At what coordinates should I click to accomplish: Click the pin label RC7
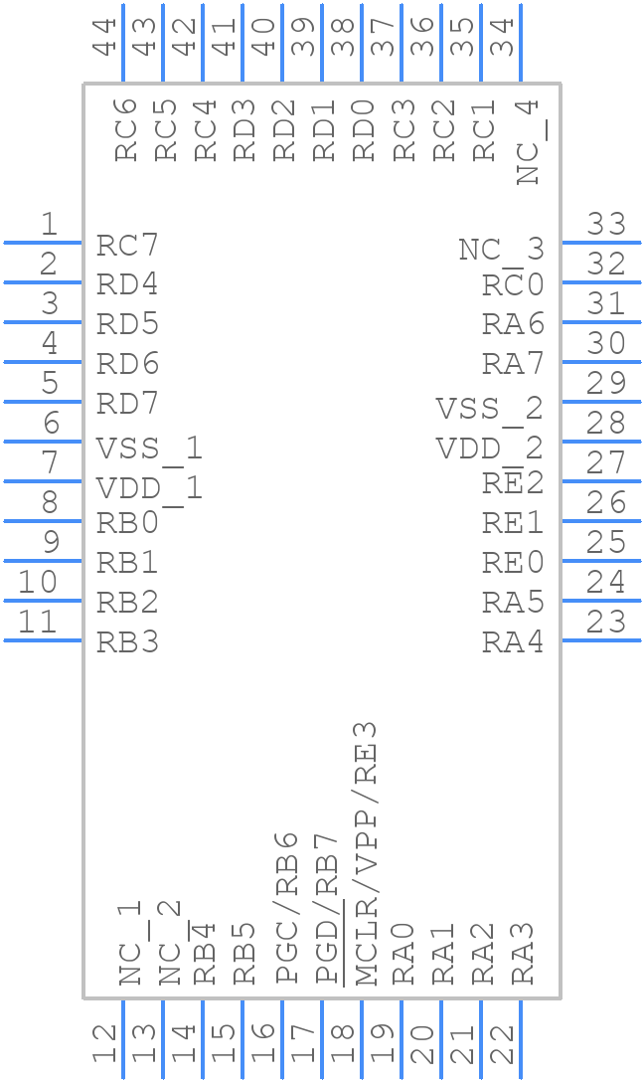click(127, 246)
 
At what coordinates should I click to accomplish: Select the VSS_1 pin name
click(149, 449)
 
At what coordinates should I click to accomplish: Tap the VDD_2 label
click(489, 449)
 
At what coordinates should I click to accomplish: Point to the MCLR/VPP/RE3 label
click(366, 853)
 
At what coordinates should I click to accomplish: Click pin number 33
click(606, 225)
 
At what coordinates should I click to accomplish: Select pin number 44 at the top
click(104, 37)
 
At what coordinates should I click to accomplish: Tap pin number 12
click(104, 1046)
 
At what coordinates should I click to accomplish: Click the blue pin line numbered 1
click(42, 242)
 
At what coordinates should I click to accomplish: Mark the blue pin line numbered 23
click(601, 639)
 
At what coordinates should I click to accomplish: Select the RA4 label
click(513, 642)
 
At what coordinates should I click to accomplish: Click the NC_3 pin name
click(501, 250)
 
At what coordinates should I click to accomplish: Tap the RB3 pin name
click(127, 642)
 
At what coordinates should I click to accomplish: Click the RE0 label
click(513, 563)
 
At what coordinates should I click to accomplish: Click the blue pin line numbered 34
click(521, 42)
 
